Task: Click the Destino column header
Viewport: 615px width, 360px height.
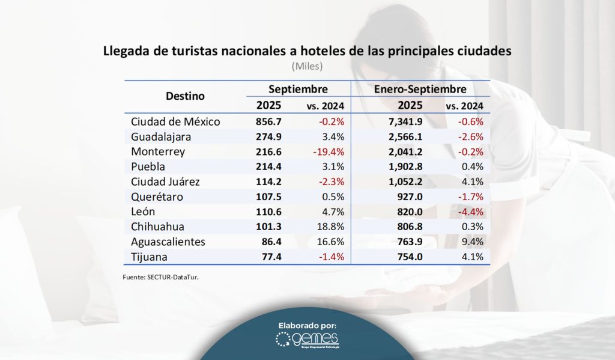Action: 185,96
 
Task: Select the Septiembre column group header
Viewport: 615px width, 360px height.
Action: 298,89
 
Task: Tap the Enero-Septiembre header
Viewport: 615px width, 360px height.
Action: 420,89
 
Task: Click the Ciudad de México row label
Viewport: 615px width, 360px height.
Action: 175,121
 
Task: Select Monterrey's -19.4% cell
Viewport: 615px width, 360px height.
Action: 328,151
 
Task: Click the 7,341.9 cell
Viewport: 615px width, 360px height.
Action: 404,121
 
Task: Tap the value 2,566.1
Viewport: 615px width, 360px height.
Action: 404,136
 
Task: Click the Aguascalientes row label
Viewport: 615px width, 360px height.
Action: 168,242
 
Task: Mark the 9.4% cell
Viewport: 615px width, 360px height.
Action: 471,242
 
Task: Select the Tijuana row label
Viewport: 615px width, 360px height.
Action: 149,257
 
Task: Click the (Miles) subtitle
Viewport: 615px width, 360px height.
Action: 307,66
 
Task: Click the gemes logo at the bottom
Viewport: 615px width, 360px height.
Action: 307,340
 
